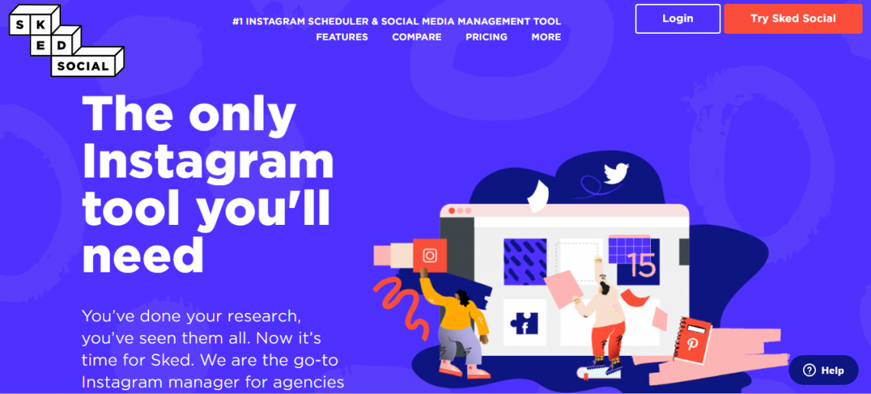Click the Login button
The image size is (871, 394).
click(678, 18)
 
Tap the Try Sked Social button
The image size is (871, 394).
click(792, 18)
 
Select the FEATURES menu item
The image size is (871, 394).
click(342, 37)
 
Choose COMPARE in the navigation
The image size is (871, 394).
click(416, 37)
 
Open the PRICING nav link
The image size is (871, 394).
click(487, 37)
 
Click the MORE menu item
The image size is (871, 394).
click(546, 37)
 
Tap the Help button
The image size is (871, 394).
click(823, 370)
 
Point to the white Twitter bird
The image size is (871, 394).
click(616, 173)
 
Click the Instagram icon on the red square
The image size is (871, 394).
click(430, 256)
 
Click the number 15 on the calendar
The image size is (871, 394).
click(643, 265)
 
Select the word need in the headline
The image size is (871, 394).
click(143, 256)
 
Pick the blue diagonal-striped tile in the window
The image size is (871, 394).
click(525, 262)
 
